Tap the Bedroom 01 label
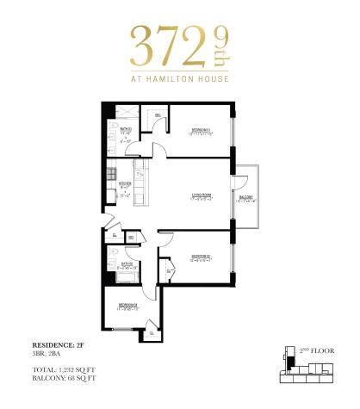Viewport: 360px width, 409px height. pyautogui.click(x=201, y=131)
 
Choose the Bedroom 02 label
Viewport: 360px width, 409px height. pyautogui.click(x=201, y=257)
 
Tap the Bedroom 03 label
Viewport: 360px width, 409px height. pyautogui.click(x=130, y=304)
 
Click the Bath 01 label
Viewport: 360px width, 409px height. pyautogui.click(x=126, y=130)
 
